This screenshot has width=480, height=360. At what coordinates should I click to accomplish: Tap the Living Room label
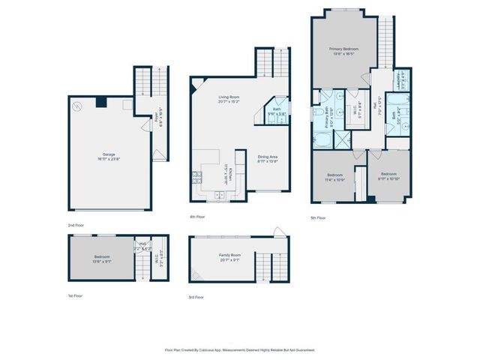[x=229, y=99]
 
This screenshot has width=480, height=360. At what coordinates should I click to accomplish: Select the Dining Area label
[x=268, y=159]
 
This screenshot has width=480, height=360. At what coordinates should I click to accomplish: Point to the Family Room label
[x=229, y=258]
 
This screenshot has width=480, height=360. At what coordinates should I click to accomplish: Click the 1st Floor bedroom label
[x=102, y=259]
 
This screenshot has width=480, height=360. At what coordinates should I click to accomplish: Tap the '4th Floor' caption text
[x=198, y=217]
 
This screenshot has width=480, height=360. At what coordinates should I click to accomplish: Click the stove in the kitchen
[x=198, y=178]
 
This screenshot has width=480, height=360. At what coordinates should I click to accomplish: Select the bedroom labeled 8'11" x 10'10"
[x=388, y=175]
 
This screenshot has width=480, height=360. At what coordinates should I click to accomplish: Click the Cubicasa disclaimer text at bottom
[x=239, y=349]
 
